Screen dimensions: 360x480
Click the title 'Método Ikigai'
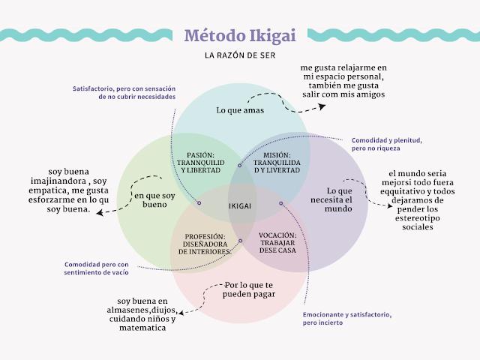point(239,35)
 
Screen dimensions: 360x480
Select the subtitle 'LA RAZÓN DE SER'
point(239,55)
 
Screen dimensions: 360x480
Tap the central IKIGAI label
point(239,205)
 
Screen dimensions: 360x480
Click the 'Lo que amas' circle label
point(240,110)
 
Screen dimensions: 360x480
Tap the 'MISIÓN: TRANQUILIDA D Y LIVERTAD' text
point(277,163)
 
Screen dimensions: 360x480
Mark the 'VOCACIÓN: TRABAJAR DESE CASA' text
point(277,244)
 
